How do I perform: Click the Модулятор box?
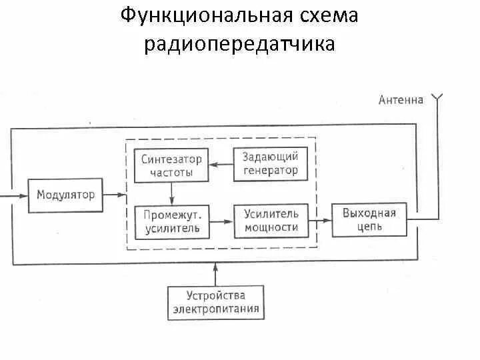(65, 195)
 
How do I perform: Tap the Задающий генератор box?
(270, 164)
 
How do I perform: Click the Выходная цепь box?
(369, 221)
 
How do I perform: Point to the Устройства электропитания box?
(216, 303)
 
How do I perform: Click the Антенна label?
(401, 100)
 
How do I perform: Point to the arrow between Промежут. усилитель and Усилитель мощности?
(221, 221)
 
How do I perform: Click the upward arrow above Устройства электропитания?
(215, 273)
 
